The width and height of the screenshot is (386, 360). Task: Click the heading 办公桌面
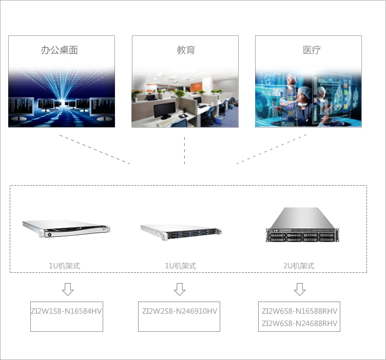(x=60, y=50)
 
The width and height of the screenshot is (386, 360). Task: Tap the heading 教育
(x=186, y=50)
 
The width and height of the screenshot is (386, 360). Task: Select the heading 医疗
(x=312, y=50)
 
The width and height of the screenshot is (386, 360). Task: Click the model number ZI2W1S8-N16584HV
(x=66, y=311)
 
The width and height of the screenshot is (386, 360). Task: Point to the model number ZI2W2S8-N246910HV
(x=180, y=311)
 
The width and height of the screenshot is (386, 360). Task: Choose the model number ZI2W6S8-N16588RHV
(x=299, y=311)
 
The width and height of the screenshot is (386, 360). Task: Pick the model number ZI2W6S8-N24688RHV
(x=299, y=323)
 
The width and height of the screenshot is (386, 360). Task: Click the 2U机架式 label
(x=299, y=266)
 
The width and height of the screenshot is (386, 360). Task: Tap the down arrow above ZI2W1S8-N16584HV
(x=68, y=289)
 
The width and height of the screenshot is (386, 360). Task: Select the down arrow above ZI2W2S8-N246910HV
(x=180, y=289)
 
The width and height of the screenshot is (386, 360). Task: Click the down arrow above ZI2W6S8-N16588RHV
(x=300, y=289)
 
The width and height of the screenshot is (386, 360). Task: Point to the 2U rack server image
(x=302, y=225)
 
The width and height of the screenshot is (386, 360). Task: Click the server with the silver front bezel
(x=66, y=229)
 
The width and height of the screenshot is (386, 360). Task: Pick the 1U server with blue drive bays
(x=181, y=232)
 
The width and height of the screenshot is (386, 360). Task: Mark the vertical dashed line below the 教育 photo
(x=184, y=150)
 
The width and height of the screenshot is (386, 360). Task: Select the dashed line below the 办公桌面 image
(x=94, y=149)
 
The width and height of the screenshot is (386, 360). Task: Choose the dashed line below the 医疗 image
(x=272, y=149)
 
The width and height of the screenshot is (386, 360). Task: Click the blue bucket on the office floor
(x=218, y=120)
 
